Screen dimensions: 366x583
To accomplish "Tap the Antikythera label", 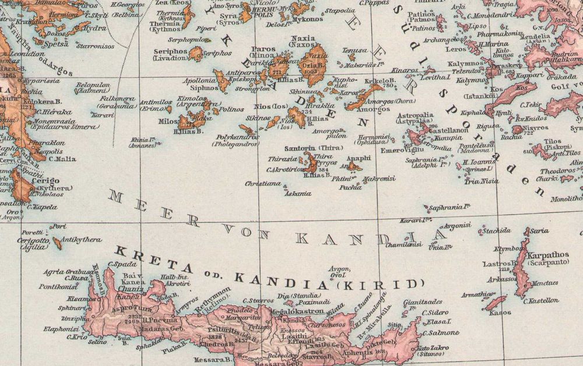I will [x=82, y=240].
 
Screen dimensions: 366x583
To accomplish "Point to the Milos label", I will [x=168, y=122].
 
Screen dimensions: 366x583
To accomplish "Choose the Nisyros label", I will [x=536, y=128].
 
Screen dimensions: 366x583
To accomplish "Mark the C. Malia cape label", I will [x=62, y=158].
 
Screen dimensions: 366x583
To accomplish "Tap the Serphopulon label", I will [x=188, y=40].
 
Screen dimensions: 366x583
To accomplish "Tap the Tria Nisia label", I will [x=482, y=181].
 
